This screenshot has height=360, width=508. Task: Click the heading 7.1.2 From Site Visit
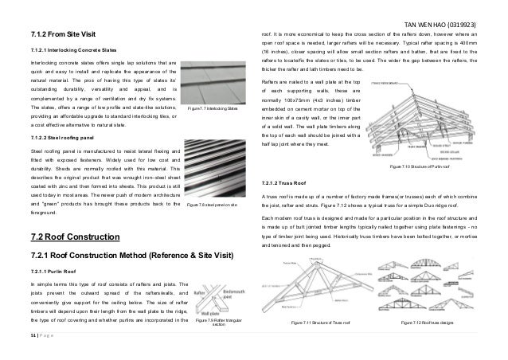(x=61, y=35)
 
